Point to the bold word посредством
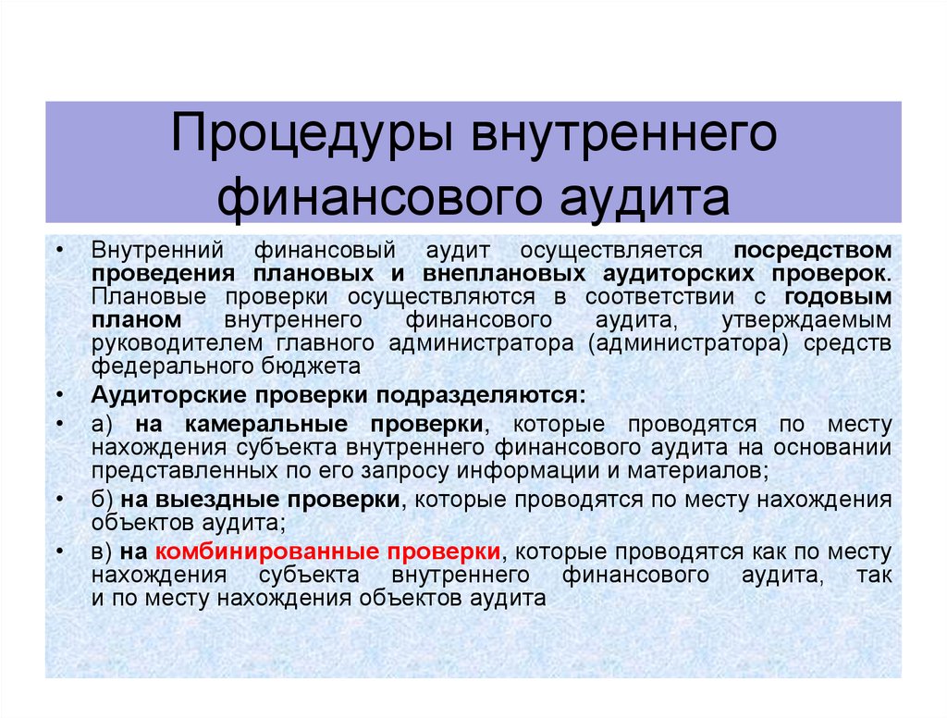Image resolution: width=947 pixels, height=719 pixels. click(x=813, y=251)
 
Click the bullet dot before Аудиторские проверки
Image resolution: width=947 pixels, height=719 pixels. click(x=60, y=395)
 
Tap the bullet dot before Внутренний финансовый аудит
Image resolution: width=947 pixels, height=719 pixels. click(x=60, y=251)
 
